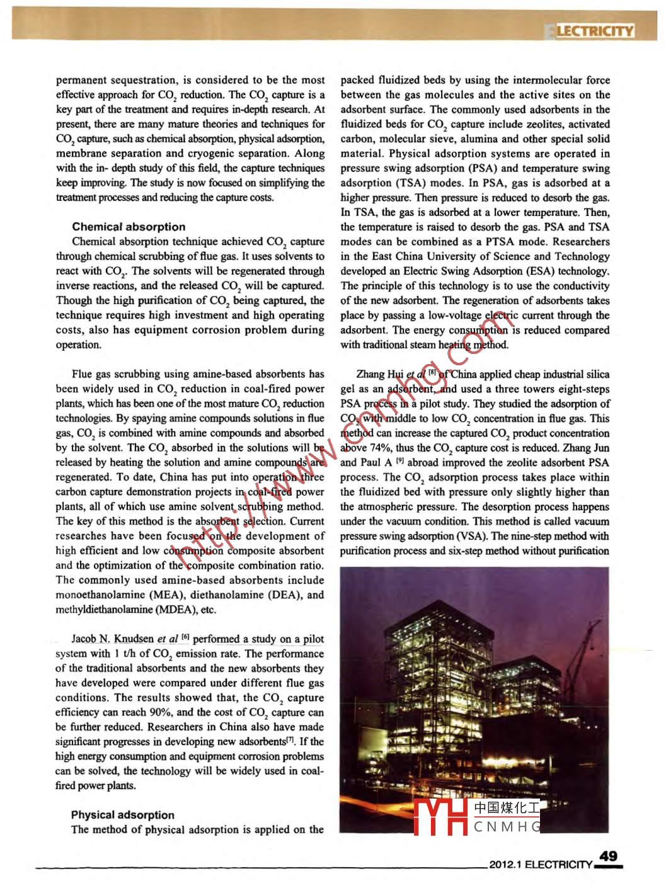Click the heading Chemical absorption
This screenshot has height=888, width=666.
click(x=129, y=227)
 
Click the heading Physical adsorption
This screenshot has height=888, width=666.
click(x=122, y=815)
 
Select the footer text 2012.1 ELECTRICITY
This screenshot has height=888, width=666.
click(x=541, y=865)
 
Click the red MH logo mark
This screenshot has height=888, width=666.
click(x=440, y=817)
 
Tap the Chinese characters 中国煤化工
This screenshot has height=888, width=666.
click(x=507, y=807)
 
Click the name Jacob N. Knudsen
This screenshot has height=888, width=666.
click(x=113, y=639)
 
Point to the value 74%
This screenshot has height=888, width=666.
click(x=352, y=448)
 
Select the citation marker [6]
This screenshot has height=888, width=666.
click(x=185, y=637)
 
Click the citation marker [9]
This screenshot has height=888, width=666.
click(x=399, y=462)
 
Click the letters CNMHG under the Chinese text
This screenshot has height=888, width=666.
click(x=507, y=826)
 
